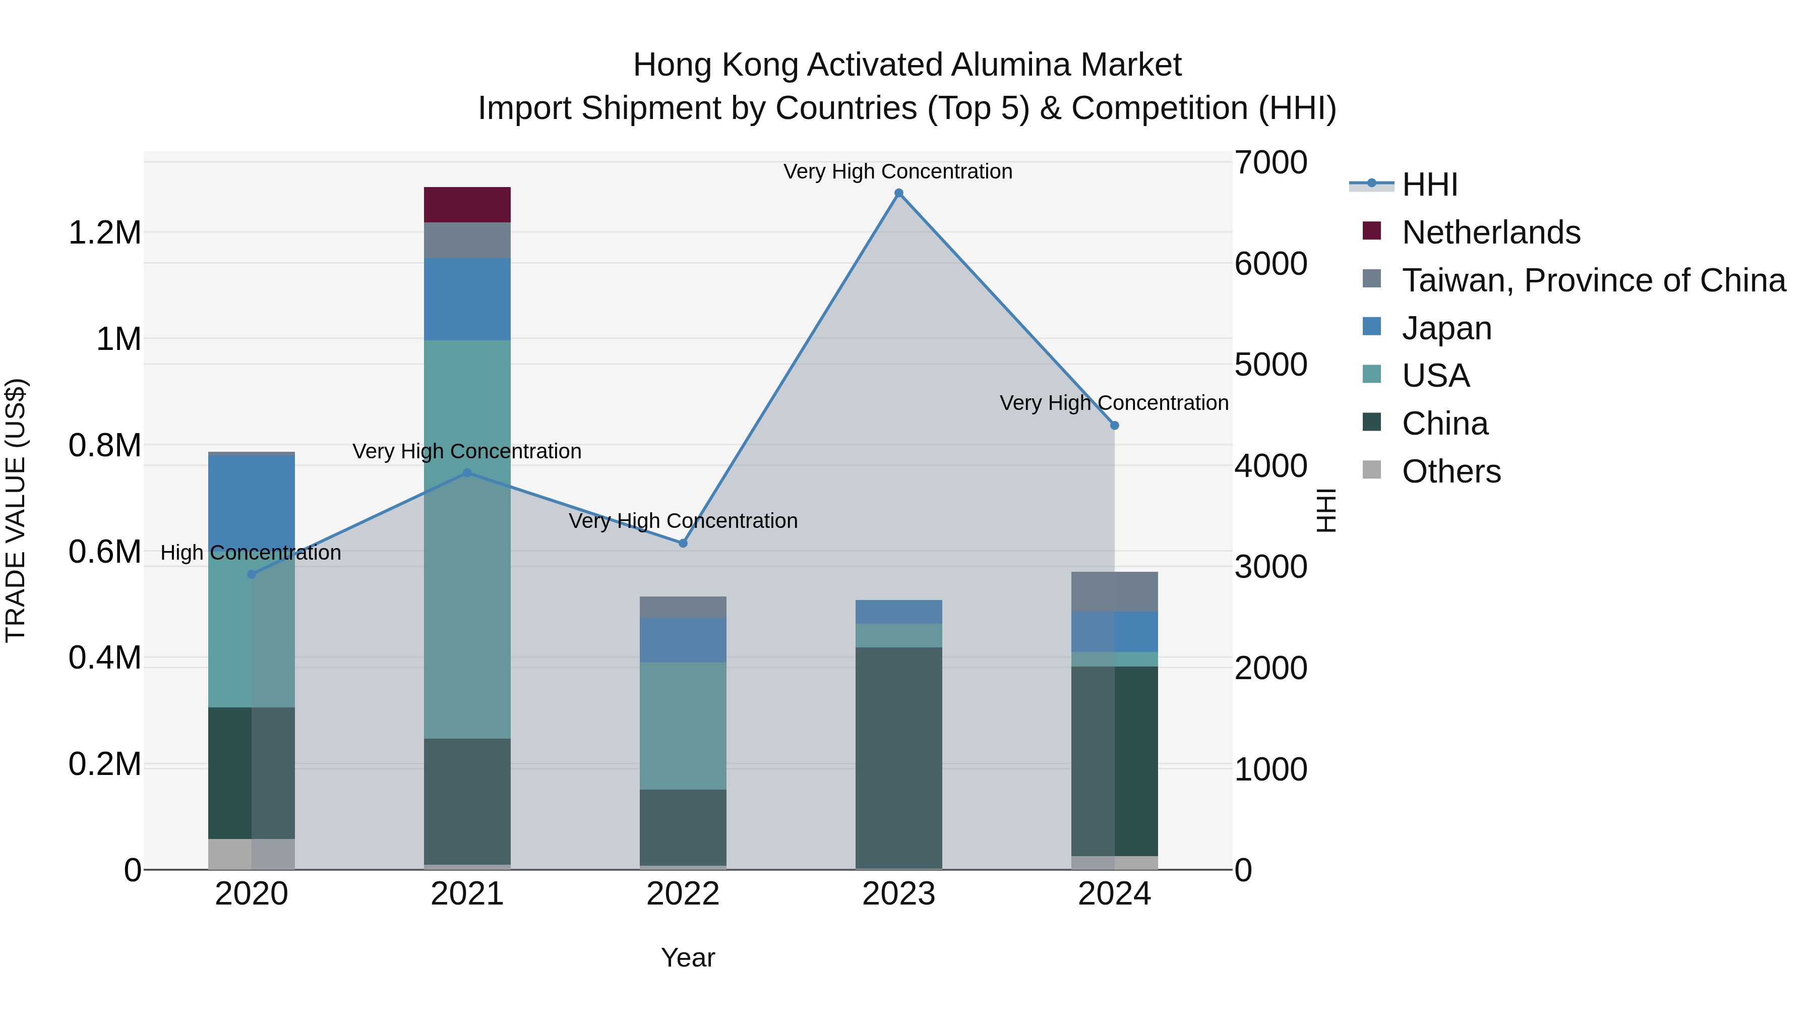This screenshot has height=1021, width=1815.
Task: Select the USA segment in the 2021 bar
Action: click(467, 539)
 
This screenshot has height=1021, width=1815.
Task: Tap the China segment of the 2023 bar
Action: click(898, 757)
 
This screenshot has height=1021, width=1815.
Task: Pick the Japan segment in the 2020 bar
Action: click(252, 500)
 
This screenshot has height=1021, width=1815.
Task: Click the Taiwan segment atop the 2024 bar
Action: click(1114, 591)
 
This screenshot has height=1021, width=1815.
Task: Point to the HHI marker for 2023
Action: click(898, 193)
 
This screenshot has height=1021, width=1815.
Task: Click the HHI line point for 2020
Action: click(252, 574)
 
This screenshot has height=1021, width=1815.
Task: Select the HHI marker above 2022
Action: click(683, 543)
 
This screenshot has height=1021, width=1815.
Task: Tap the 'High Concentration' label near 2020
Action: click(251, 553)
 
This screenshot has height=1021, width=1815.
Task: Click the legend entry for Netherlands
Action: click(1490, 232)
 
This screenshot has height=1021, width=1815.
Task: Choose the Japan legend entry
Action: click(1446, 328)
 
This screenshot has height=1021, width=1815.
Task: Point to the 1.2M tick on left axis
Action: click(104, 232)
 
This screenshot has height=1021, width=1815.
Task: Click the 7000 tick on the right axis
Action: click(1270, 162)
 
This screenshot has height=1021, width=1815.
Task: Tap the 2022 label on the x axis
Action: click(683, 894)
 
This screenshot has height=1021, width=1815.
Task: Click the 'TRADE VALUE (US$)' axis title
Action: click(16, 510)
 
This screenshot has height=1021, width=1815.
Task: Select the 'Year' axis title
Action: click(688, 957)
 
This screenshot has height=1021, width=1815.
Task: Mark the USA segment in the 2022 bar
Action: click(683, 726)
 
